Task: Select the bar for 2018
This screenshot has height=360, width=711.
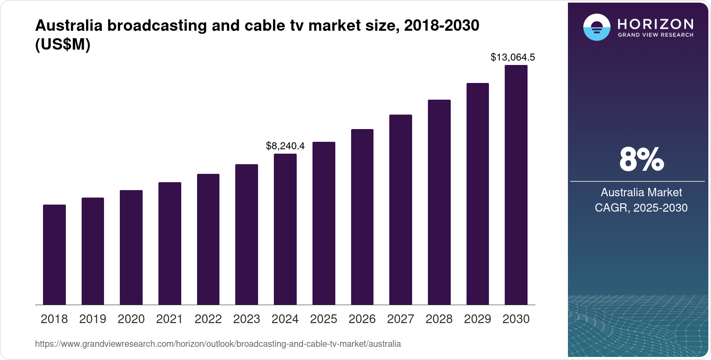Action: (x=54, y=255)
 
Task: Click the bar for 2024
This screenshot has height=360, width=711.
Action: (x=285, y=229)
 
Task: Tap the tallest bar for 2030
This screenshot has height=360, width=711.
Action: (x=516, y=185)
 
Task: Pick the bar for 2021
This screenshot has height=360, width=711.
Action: (x=170, y=243)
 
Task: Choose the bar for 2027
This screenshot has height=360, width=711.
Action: (x=401, y=209)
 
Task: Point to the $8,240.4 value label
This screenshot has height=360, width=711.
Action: (x=285, y=146)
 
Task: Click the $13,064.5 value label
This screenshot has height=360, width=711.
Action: (x=513, y=57)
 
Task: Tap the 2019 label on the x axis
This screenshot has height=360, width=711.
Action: (x=93, y=319)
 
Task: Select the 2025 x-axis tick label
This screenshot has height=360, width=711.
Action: (x=323, y=319)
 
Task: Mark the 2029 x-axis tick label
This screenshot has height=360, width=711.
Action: (x=478, y=319)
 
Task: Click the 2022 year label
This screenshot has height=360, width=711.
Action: (x=208, y=319)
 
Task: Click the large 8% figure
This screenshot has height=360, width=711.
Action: (x=641, y=160)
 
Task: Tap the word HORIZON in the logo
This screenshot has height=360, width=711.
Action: (x=656, y=24)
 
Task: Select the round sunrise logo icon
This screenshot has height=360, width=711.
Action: (x=596, y=27)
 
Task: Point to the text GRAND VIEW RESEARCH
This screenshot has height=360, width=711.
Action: (x=656, y=35)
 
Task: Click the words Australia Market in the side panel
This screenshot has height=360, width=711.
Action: (x=641, y=192)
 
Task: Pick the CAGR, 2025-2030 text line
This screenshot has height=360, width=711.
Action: (x=641, y=208)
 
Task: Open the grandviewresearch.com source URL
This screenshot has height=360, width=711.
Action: (x=218, y=344)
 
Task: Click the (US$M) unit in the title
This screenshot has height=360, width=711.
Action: (x=63, y=44)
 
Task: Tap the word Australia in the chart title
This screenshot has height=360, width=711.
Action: (x=68, y=25)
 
